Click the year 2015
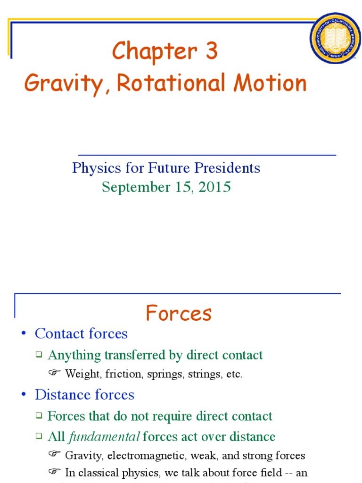tap(215, 187)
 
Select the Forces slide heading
tap(179, 313)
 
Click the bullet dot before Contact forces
tap(24, 334)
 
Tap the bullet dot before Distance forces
tap(24, 395)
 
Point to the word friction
tap(123, 375)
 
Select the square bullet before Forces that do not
tap(39, 416)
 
